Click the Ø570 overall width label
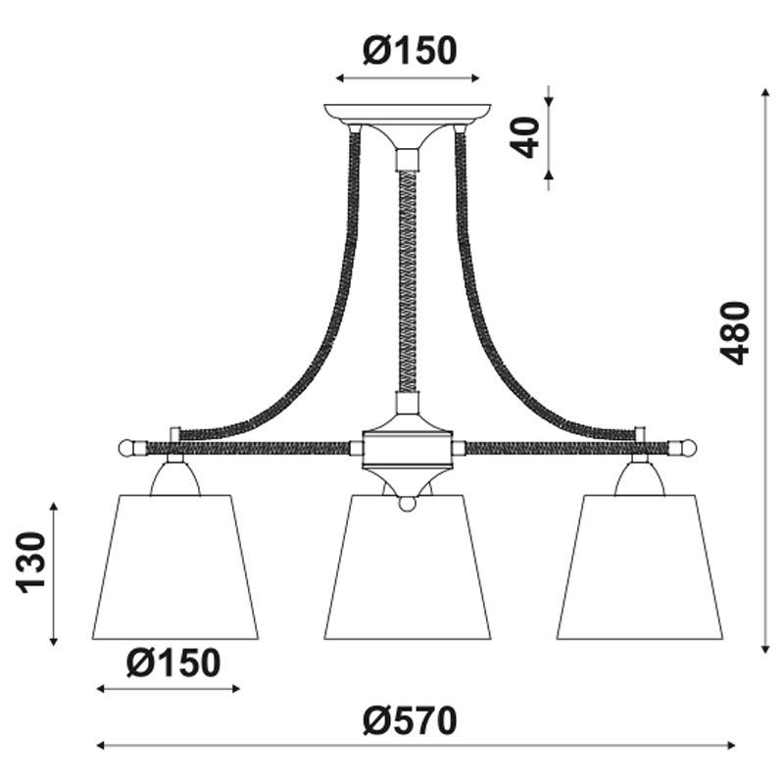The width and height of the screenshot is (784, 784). pyautogui.click(x=410, y=720)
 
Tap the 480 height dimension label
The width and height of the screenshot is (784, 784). pyautogui.click(x=735, y=332)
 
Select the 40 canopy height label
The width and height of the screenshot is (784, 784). pyautogui.click(x=525, y=137)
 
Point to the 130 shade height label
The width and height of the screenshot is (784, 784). pyautogui.click(x=31, y=563)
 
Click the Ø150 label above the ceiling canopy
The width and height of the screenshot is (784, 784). pyautogui.click(x=410, y=51)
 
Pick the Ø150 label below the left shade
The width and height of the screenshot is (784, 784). pyautogui.click(x=173, y=662)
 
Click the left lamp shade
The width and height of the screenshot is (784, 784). pyautogui.click(x=175, y=567)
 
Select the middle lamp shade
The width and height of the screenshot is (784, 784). pyautogui.click(x=408, y=567)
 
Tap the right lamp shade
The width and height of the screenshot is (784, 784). pyautogui.click(x=640, y=567)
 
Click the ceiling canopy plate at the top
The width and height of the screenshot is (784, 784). pyautogui.click(x=407, y=113)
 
